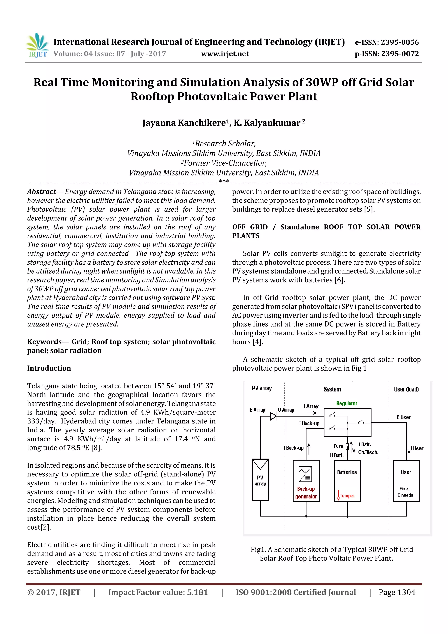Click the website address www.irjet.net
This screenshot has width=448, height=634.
(x=225, y=54)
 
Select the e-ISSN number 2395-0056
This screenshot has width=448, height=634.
(x=400, y=42)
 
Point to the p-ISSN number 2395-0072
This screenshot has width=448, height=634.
(x=400, y=54)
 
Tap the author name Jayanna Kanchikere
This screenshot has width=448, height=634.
(x=184, y=123)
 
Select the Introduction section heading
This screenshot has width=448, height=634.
(x=49, y=368)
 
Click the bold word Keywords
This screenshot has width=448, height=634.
(x=44, y=342)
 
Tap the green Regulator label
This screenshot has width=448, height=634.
(x=346, y=403)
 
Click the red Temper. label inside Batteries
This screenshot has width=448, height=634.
(x=347, y=496)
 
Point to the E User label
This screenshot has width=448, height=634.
(x=404, y=417)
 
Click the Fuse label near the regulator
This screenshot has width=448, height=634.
(x=338, y=446)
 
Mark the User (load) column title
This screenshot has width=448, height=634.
(x=406, y=389)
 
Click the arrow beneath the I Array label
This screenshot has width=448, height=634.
(x=311, y=413)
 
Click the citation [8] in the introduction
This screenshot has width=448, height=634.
(x=96, y=448)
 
